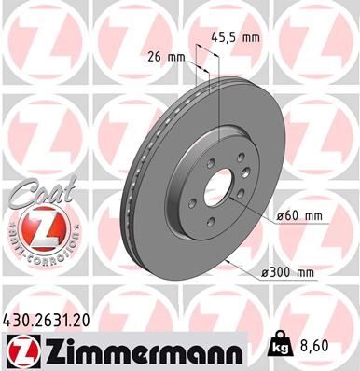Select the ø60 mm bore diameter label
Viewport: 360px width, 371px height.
point(302,217)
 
